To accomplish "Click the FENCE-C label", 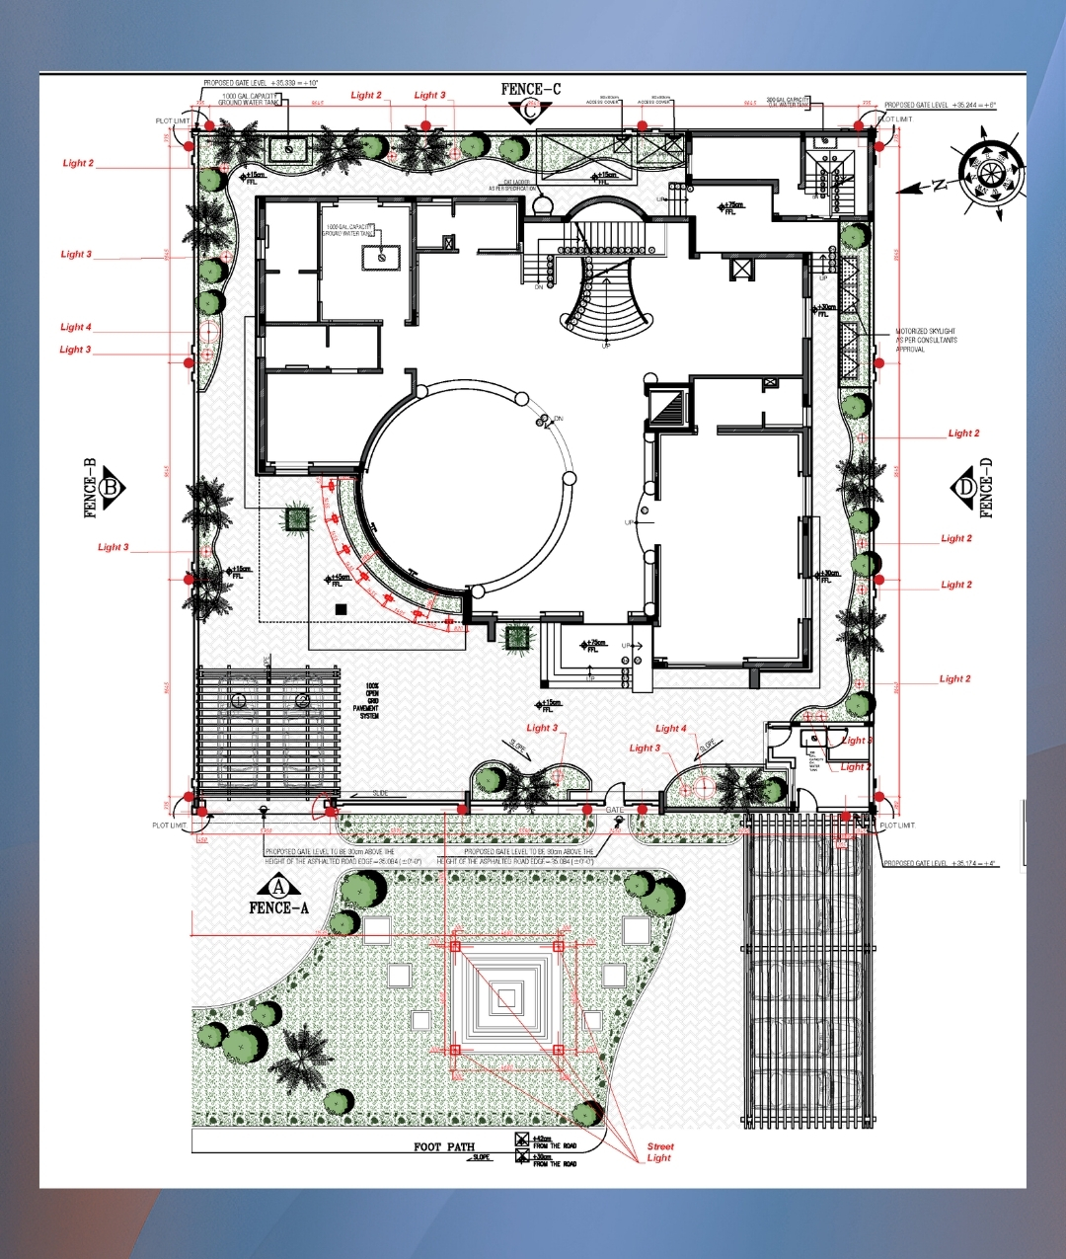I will (530, 90).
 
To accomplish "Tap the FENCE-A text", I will (278, 908).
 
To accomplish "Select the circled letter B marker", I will (111, 487).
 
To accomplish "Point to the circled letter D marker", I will (964, 487).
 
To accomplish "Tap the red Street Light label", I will (659, 1152).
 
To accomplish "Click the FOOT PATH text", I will (444, 1146).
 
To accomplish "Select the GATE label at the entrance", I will (615, 810).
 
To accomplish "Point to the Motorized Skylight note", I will (925, 340).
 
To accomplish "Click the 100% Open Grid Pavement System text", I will (370, 700).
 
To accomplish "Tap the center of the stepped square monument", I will (506, 998).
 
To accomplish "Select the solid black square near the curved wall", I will (341, 609).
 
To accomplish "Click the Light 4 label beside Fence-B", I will (76, 327).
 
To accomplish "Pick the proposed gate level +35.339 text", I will (261, 84).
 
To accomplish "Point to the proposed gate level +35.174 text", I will (939, 863).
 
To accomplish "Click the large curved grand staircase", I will (606, 296).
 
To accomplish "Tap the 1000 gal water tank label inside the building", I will (348, 230).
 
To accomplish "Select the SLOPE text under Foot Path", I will (481, 1157).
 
